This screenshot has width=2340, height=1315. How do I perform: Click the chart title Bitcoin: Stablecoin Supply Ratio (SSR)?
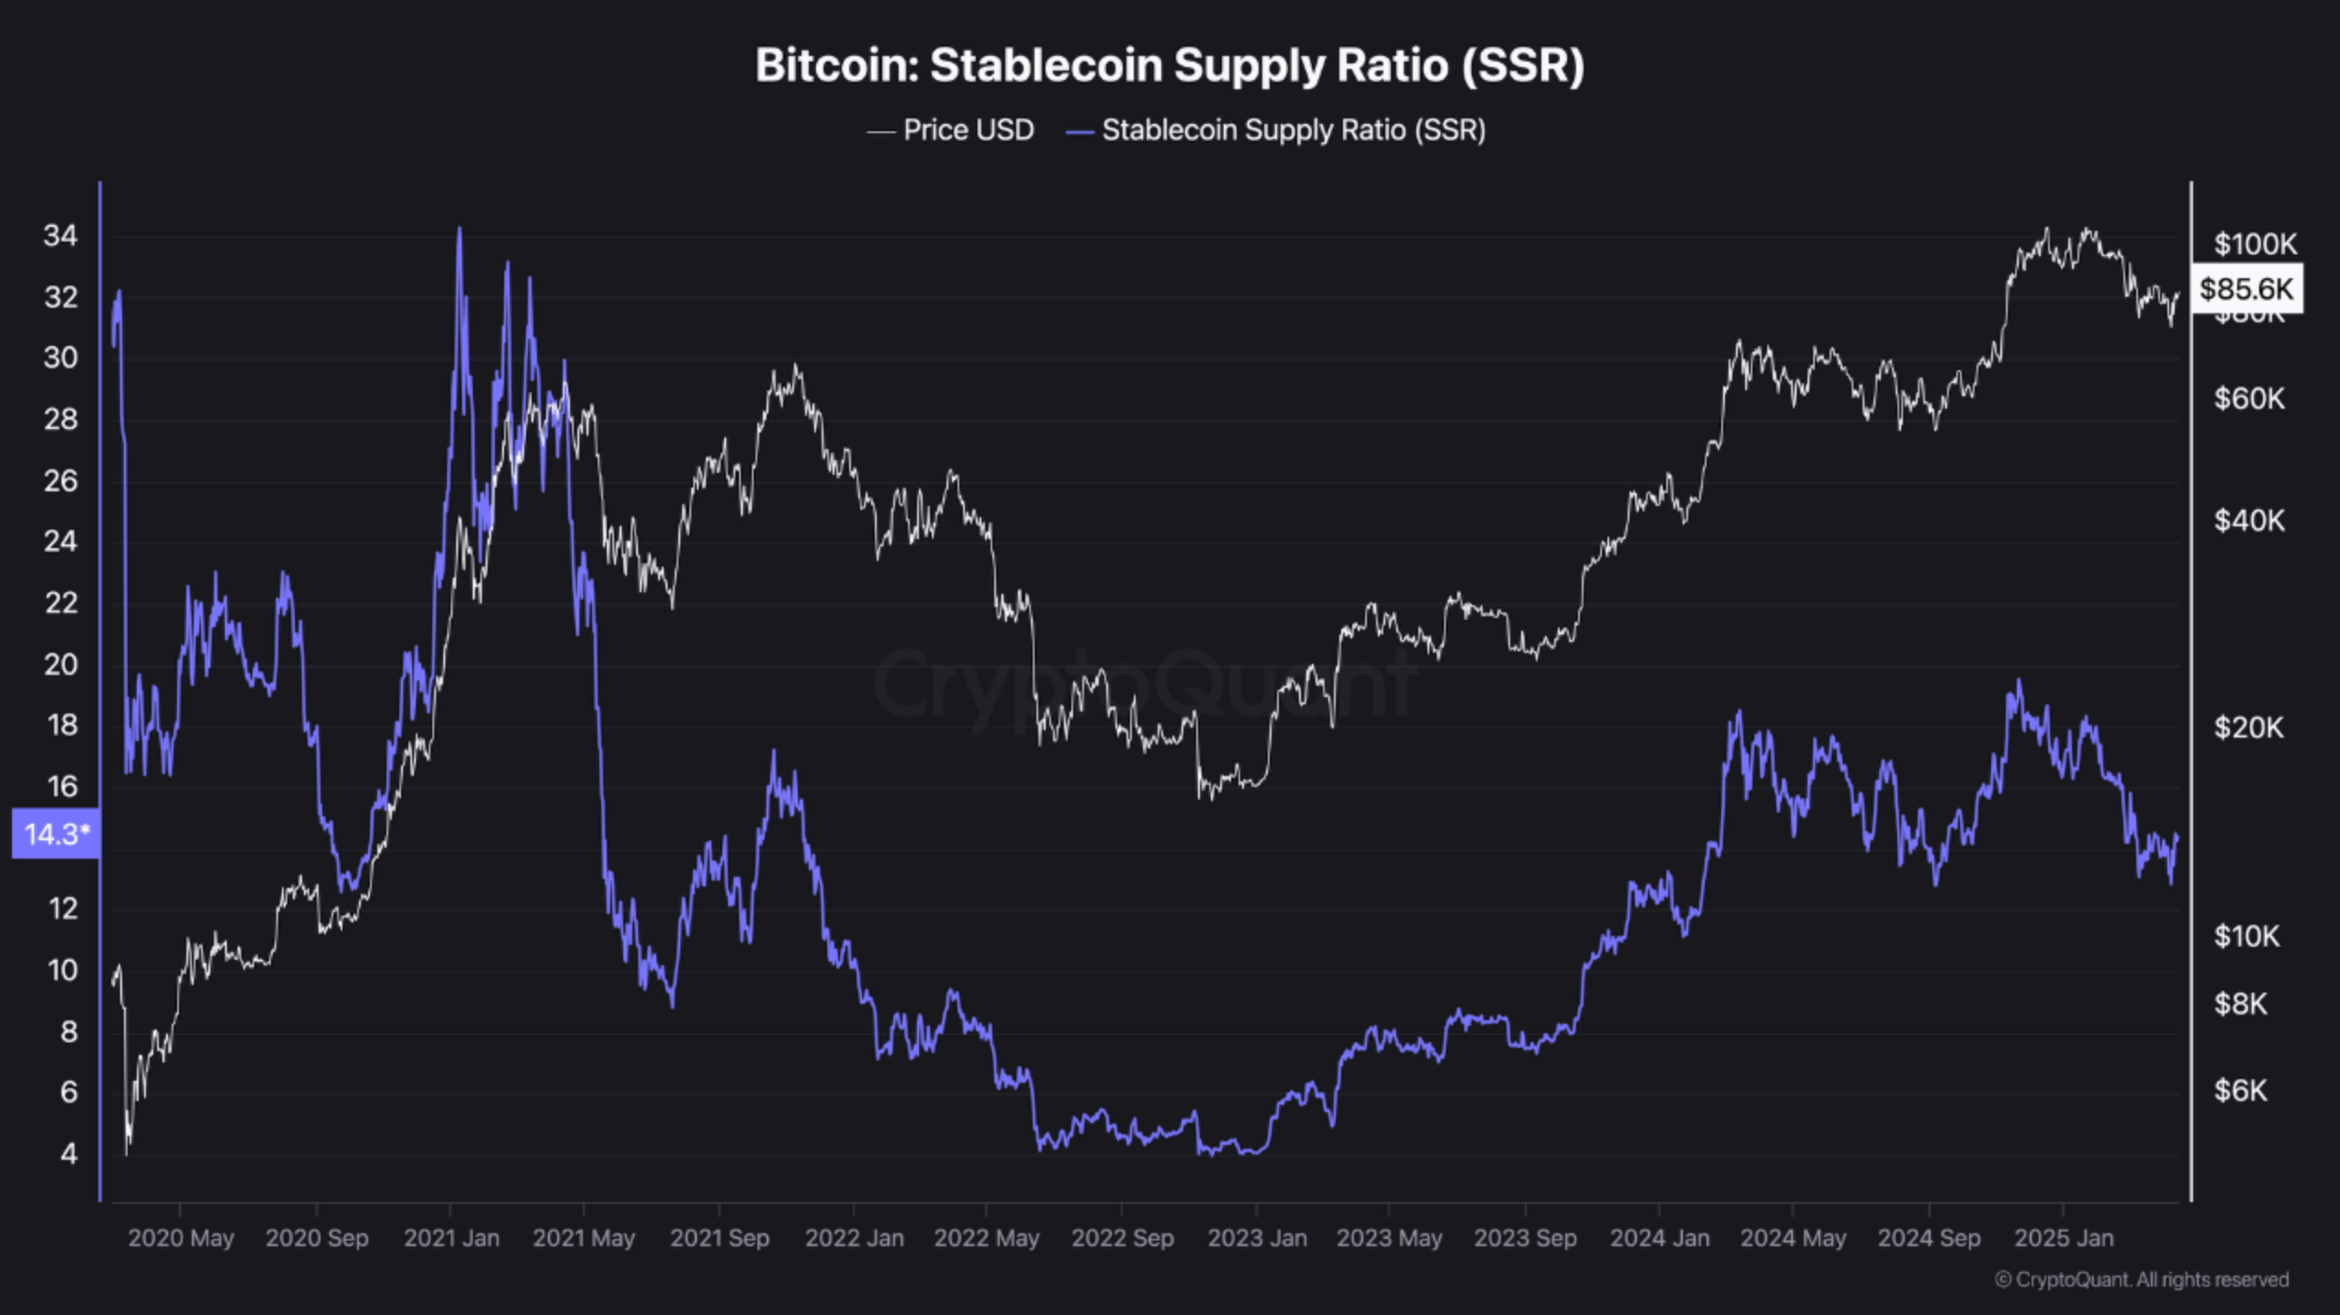[x=1170, y=65]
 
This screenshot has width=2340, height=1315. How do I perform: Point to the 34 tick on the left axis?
[x=61, y=236]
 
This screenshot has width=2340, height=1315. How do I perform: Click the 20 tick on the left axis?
[x=61, y=664]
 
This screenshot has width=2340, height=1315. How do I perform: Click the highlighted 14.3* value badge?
[x=56, y=834]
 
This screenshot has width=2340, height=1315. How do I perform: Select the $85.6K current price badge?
[x=2246, y=289]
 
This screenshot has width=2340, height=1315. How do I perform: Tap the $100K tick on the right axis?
[x=2255, y=244]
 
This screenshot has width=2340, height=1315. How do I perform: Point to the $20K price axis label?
[x=2248, y=727]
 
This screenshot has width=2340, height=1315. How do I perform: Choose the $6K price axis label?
[x=2240, y=1090]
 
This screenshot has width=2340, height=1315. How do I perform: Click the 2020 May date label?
[x=181, y=1238]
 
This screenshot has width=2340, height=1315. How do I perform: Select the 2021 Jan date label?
[x=452, y=1238]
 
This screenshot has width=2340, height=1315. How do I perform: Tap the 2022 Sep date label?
[x=1122, y=1238]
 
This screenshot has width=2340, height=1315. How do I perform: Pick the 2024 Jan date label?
[x=1660, y=1238]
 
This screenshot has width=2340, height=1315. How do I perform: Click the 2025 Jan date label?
[x=2063, y=1238]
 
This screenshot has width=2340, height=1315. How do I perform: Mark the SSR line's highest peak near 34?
[x=459, y=230]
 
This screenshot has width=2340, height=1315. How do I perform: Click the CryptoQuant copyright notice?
[x=2141, y=1280]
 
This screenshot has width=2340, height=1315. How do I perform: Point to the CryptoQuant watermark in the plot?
[x=1143, y=684]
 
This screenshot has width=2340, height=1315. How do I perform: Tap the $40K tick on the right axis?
[x=2248, y=521]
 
